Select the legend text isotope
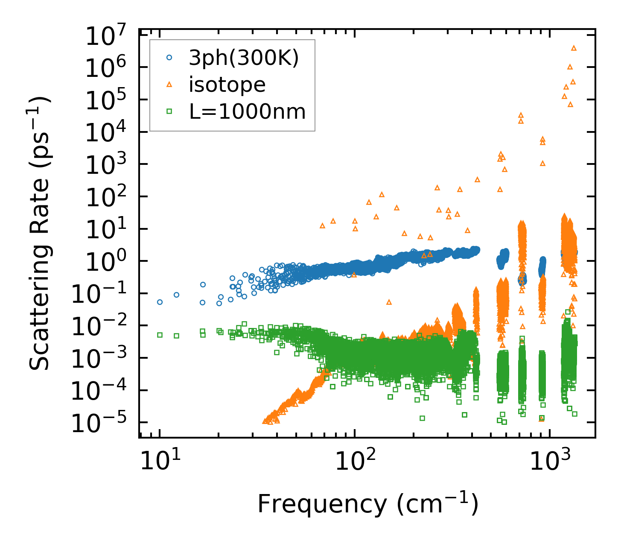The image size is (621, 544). tap(227, 85)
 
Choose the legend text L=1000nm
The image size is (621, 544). tap(248, 112)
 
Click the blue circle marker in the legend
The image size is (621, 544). tap(169, 58)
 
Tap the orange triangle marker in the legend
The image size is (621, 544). tap(169, 85)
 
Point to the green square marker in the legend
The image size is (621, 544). tap(169, 112)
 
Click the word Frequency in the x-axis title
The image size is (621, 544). tap(321, 505)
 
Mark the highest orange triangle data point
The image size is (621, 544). tap(574, 48)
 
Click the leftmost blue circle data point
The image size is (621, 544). tap(160, 302)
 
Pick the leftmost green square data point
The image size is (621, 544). tap(160, 335)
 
